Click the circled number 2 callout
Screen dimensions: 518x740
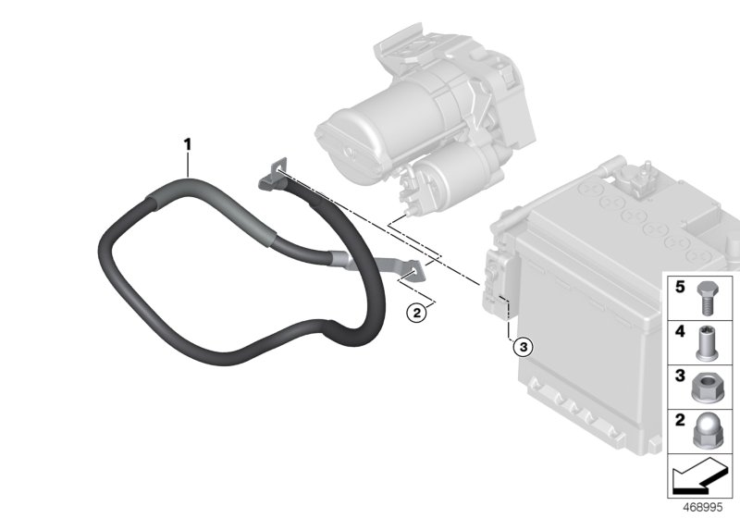pyautogui.click(x=418, y=314)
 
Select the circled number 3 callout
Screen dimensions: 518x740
pyautogui.click(x=523, y=348)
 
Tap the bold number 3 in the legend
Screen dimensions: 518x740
pyautogui.click(x=679, y=377)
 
